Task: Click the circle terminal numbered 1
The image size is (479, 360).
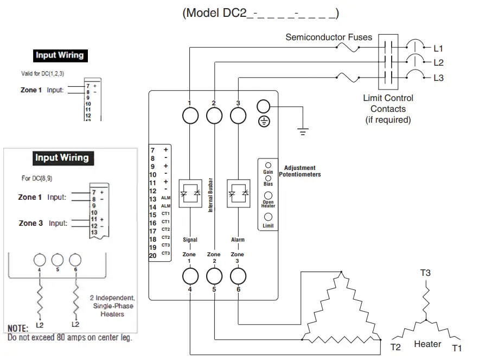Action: (190, 116)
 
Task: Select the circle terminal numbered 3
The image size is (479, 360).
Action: (238, 116)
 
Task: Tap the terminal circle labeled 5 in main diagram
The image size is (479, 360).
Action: (214, 276)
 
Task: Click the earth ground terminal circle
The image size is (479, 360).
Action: (263, 107)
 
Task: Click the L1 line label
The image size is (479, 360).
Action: (438, 48)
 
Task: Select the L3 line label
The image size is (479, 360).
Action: (438, 78)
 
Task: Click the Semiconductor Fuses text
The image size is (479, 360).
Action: (329, 37)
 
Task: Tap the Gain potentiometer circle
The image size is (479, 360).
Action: (268, 165)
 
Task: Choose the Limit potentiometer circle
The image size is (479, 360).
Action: (268, 217)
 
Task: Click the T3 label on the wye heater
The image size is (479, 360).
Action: (425, 273)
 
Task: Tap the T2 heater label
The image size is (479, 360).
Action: (395, 347)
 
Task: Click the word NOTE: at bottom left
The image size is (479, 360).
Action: (17, 329)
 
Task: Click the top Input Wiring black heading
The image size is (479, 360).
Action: (60, 55)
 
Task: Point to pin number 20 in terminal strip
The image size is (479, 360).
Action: (153, 255)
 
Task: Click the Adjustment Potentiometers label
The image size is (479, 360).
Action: (300, 171)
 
